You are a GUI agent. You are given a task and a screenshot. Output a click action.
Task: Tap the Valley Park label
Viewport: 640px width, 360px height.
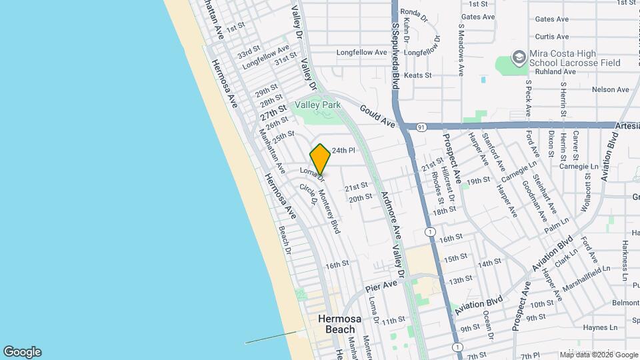318,105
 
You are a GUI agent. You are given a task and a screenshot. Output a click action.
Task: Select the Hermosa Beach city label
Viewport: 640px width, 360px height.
340,324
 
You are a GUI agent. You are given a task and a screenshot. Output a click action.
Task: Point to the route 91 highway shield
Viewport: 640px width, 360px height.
421,126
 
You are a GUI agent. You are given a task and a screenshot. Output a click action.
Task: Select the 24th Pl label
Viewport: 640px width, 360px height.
343,151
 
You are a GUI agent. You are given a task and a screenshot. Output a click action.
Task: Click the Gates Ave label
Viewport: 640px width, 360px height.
478,17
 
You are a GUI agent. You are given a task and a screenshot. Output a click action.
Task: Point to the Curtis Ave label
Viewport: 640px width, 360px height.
552,37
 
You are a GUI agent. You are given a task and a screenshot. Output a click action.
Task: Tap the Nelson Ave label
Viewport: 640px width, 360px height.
610,89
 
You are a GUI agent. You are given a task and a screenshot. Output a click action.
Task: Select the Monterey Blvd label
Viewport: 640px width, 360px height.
329,211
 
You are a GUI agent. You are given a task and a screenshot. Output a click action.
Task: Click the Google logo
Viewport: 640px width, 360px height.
22,352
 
